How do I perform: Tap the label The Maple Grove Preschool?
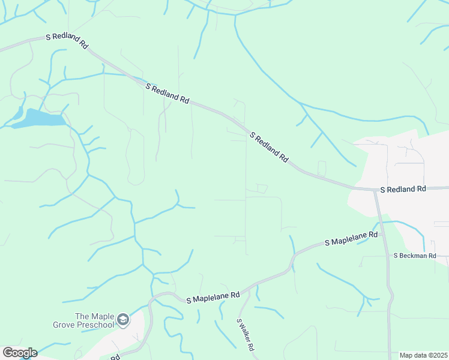tap(94, 320)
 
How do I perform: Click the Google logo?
tap(19, 353)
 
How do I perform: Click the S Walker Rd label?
tap(246, 334)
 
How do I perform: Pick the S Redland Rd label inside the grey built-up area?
tap(403, 189)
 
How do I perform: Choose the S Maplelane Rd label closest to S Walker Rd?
tap(213, 296)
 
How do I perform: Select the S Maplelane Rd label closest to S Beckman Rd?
tap(351, 239)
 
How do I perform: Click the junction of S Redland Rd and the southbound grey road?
tap(375, 190)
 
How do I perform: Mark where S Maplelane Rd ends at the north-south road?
tap(382, 233)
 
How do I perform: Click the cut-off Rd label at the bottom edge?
tap(116, 357)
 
